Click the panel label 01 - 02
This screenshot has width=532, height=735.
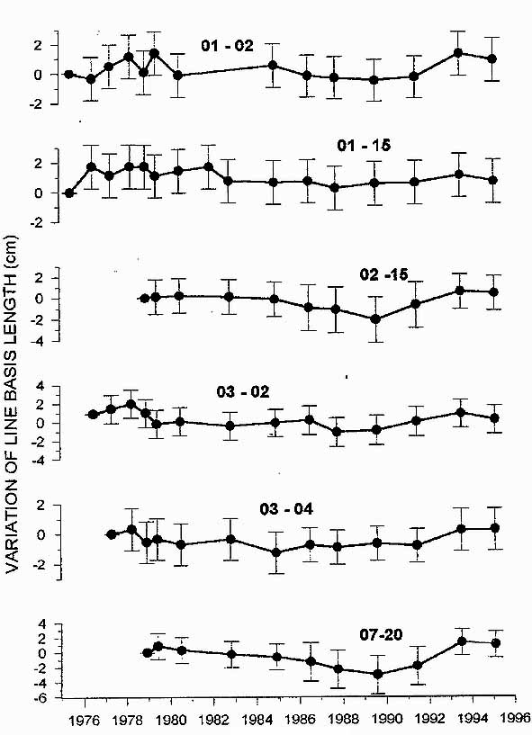(x=227, y=46)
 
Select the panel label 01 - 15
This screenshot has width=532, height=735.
(x=364, y=146)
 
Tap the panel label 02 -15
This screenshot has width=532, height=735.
(x=384, y=274)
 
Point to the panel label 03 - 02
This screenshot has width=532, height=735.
(x=243, y=392)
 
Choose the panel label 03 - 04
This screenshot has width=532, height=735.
(x=286, y=509)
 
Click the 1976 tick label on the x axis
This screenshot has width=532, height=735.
(x=85, y=720)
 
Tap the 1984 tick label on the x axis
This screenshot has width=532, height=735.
(x=257, y=720)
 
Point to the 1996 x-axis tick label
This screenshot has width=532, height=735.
(x=515, y=719)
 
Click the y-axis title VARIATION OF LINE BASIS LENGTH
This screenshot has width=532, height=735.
(x=12, y=404)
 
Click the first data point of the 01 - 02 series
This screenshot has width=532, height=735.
(x=69, y=74)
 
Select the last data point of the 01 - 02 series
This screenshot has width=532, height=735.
(x=491, y=59)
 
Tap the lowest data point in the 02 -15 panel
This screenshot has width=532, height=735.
(x=375, y=319)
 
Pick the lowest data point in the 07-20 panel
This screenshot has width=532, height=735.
(x=378, y=674)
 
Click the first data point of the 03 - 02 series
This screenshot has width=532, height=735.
(x=93, y=415)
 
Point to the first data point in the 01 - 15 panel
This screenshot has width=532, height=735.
(x=69, y=193)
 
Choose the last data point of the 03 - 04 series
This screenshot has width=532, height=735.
(x=494, y=528)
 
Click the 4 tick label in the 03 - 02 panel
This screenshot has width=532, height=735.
(x=53, y=386)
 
